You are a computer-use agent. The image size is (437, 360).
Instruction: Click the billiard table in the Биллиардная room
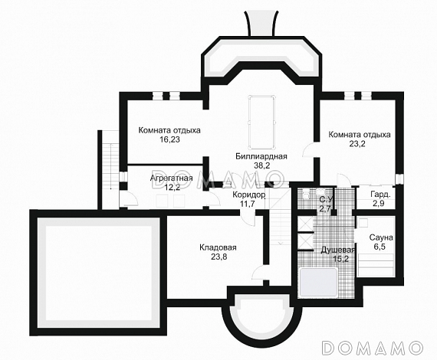(x=262, y=123)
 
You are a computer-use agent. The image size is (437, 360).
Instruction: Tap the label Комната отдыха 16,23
(x=169, y=135)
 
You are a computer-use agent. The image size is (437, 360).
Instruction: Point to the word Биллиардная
(x=261, y=156)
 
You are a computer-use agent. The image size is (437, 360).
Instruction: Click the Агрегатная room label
(x=172, y=178)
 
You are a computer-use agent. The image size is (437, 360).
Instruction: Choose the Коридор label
(x=249, y=195)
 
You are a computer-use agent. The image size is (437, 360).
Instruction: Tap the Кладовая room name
(x=218, y=247)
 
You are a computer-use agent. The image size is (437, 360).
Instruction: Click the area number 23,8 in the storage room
(x=219, y=257)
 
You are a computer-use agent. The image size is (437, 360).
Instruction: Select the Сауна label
(x=381, y=237)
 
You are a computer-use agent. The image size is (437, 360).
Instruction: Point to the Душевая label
(x=338, y=250)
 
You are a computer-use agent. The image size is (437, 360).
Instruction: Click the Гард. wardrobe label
(x=380, y=194)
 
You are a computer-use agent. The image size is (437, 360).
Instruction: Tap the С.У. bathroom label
(x=326, y=199)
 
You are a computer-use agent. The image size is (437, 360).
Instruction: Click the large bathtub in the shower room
(x=318, y=282)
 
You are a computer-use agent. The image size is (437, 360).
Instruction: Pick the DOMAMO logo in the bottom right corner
(x=373, y=347)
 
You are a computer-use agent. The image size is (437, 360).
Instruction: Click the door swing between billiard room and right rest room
(x=309, y=150)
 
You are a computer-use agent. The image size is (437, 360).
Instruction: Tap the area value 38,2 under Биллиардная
(x=261, y=165)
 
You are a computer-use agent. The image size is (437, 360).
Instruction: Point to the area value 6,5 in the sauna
(x=381, y=247)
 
